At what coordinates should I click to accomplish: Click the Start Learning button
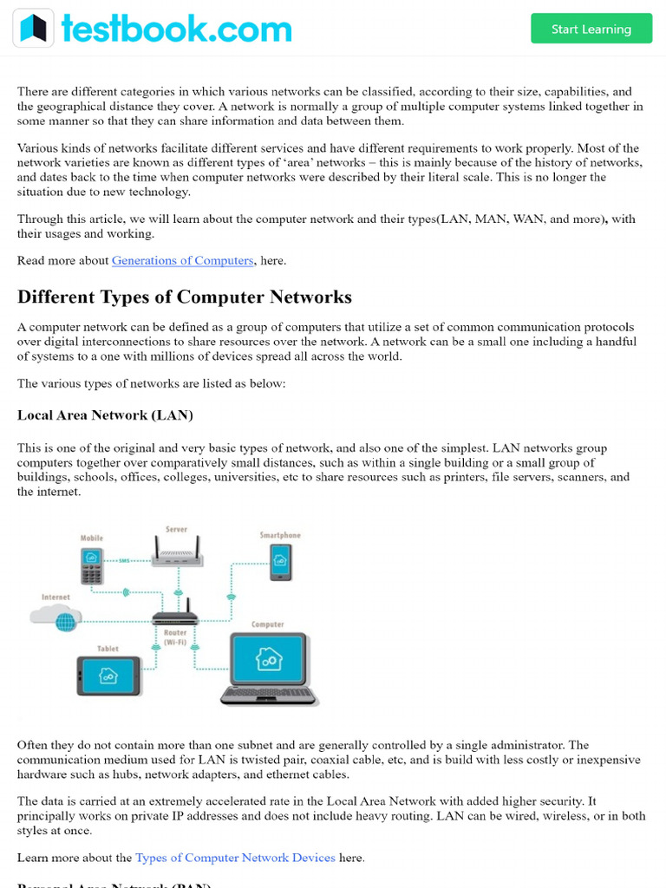coord(591,29)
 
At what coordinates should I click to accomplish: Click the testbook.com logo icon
coord(33,29)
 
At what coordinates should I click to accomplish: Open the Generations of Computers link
coord(182,260)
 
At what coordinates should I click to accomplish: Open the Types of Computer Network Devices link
coord(235,858)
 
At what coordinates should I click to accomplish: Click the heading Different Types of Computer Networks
coord(184,297)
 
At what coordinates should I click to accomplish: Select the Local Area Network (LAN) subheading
coord(105,415)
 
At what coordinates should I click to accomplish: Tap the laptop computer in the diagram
coord(269,669)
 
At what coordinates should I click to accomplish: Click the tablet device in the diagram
coord(108,676)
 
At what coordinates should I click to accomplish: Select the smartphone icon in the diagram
coord(280,562)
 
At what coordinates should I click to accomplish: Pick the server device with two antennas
coord(177,554)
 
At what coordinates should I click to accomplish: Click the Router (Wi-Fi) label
coord(175,637)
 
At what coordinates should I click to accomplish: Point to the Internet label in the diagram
coord(55,597)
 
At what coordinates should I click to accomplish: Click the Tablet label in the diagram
coord(108,649)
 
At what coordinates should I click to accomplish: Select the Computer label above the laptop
coord(267,624)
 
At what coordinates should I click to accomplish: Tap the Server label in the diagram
coord(176,529)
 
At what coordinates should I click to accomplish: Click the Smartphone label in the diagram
coord(280,535)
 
